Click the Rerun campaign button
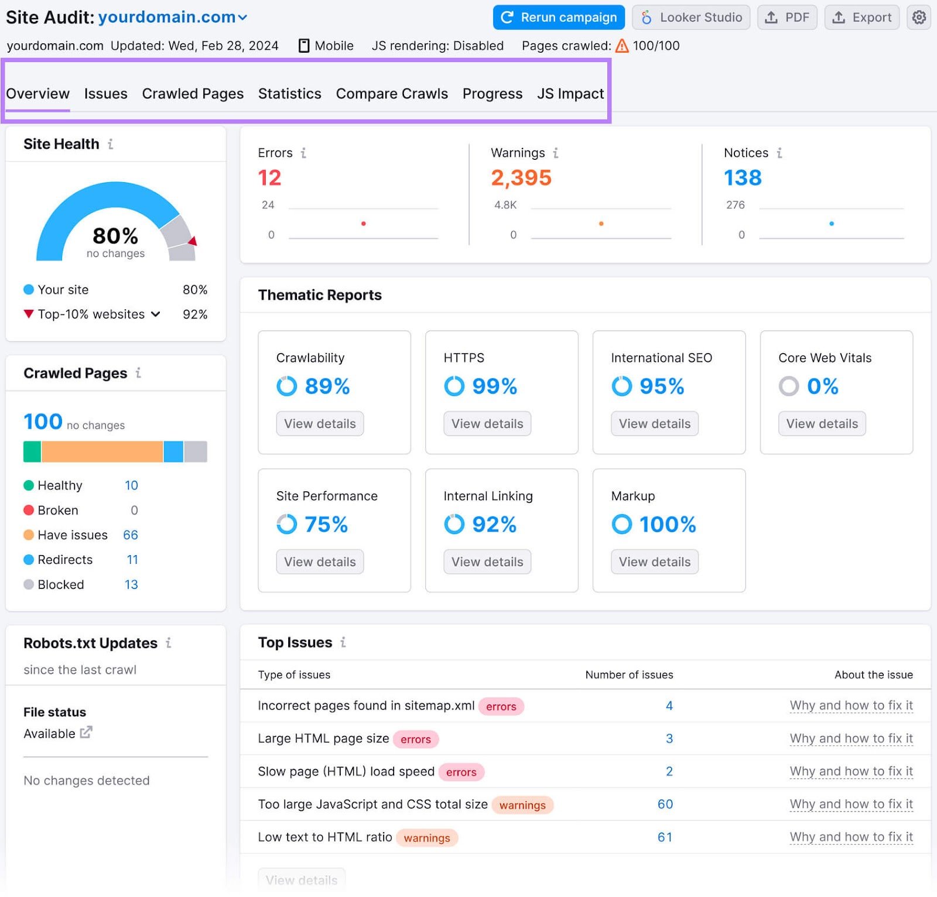(559, 18)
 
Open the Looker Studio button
(691, 18)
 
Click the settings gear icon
(919, 18)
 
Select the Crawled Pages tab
(193, 94)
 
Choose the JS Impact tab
(570, 94)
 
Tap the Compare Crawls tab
(392, 94)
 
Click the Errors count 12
(269, 178)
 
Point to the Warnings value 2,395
(521, 178)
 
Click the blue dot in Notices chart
(832, 224)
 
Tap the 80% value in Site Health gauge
(115, 236)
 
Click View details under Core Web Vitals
(822, 424)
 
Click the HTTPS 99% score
(494, 386)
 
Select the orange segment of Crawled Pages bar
(102, 452)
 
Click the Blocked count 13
(131, 585)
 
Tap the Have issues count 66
(131, 535)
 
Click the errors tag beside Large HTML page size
(415, 739)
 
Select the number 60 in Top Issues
(665, 804)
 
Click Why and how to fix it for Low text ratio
(851, 837)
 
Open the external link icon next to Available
(86, 732)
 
